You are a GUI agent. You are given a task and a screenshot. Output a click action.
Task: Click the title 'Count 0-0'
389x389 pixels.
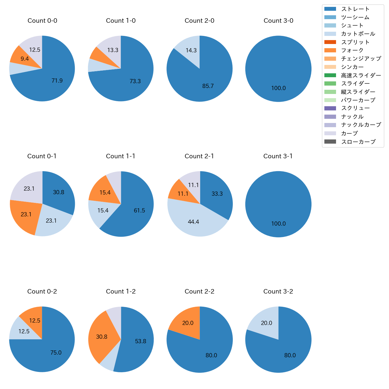tap(42, 21)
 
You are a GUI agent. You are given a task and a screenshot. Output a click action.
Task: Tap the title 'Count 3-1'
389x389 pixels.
tap(278, 156)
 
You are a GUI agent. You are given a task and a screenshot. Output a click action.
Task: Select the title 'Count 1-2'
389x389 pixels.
tap(121, 291)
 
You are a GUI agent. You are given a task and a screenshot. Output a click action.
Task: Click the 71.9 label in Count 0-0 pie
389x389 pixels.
tap(57, 80)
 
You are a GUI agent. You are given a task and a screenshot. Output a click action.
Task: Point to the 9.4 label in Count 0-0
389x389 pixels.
tap(25, 59)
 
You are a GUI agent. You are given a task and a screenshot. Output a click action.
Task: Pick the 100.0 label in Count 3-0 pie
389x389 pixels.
tap(278, 88)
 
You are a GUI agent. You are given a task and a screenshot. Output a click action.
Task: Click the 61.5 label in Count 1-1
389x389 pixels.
tap(139, 211)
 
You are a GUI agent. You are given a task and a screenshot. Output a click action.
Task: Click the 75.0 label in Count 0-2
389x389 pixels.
tap(56, 353)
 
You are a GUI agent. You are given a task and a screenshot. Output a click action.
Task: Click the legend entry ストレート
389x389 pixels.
tap(355, 9)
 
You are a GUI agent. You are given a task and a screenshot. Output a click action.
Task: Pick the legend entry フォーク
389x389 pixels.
tap(352, 50)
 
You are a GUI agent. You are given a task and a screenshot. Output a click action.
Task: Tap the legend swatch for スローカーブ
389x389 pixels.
tap(330, 142)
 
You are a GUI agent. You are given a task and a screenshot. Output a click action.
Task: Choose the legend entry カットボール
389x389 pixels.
tap(358, 34)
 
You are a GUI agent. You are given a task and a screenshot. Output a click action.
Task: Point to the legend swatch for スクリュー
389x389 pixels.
tap(330, 108)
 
